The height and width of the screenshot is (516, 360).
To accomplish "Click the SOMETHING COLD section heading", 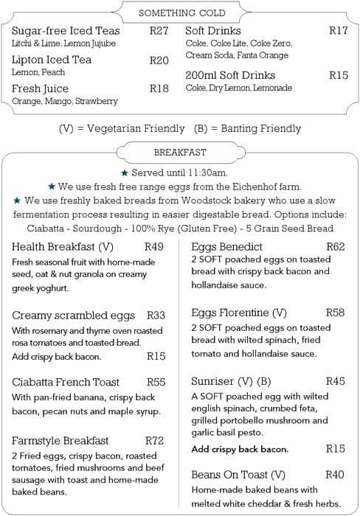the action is click(x=181, y=13).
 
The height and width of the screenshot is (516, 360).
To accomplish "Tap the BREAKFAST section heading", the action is click(x=180, y=153).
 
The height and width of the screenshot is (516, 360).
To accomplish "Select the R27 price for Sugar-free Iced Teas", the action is click(x=159, y=31).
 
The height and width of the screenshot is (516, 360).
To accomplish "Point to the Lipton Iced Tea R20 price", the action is click(x=159, y=60).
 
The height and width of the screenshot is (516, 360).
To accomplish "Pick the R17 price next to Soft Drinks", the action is click(x=338, y=31).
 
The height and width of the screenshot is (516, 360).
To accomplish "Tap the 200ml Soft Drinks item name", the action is click(x=229, y=75).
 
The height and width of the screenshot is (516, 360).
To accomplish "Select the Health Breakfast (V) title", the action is click(x=63, y=247).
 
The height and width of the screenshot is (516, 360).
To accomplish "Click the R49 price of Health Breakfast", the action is click(x=153, y=247).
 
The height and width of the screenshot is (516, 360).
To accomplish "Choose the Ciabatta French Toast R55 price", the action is click(x=156, y=382).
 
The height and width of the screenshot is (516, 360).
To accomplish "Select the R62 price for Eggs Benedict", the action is click(x=335, y=247).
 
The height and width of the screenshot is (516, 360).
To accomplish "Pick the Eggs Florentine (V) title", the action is click(x=238, y=313).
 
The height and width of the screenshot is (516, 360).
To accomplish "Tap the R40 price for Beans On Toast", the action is click(x=335, y=475).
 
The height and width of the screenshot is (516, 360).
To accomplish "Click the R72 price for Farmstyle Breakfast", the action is click(x=153, y=441).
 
